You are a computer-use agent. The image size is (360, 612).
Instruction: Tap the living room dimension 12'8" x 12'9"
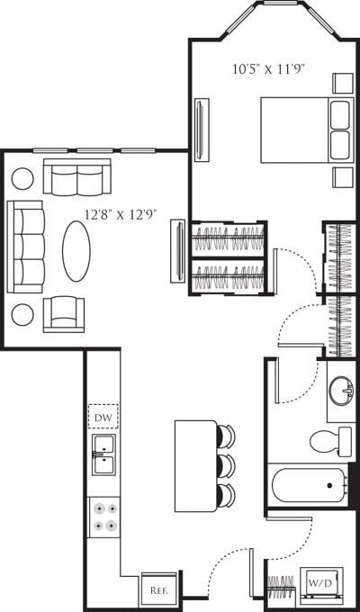(x=121, y=215)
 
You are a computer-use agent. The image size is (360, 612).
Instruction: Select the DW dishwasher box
(x=103, y=418)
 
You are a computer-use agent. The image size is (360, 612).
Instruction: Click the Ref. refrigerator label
(x=160, y=590)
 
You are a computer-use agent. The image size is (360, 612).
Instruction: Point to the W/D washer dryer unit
(x=319, y=583)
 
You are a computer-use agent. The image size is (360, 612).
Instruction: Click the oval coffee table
(x=76, y=251)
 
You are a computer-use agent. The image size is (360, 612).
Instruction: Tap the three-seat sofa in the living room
(x=25, y=246)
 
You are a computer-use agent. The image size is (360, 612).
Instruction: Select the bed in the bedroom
(x=305, y=130)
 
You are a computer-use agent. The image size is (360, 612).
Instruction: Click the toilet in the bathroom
(x=331, y=441)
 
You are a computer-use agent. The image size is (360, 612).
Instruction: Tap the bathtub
(x=309, y=486)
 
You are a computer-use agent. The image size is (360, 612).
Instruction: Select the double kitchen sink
(x=103, y=455)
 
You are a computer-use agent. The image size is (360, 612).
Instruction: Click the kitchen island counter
(x=195, y=465)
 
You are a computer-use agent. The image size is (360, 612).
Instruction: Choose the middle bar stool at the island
(x=225, y=465)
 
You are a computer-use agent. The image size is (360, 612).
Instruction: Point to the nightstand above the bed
(x=342, y=83)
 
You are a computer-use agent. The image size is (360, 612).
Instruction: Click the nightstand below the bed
(x=342, y=176)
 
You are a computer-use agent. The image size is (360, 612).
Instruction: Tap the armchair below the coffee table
(x=64, y=313)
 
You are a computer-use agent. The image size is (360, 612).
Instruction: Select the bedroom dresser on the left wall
(x=199, y=124)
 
